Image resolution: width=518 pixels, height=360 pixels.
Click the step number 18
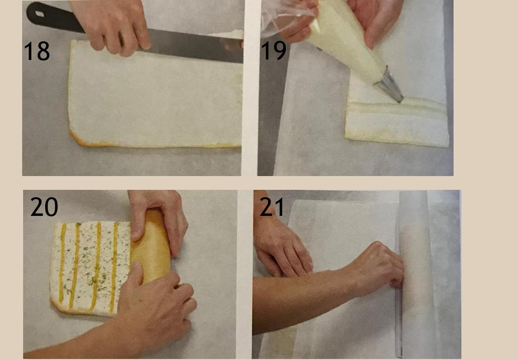(x=37, y=51)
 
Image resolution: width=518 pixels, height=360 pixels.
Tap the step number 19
(x=273, y=50)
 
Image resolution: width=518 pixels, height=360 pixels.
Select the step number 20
(x=44, y=207)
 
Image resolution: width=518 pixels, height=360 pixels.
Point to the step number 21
(x=272, y=207)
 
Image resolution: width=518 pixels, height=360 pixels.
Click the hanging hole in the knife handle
(x=40, y=14)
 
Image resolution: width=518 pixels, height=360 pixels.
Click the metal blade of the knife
(x=195, y=46)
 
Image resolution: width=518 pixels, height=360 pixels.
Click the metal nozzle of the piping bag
(x=389, y=85)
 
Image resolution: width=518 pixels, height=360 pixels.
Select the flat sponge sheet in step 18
(x=155, y=94)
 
